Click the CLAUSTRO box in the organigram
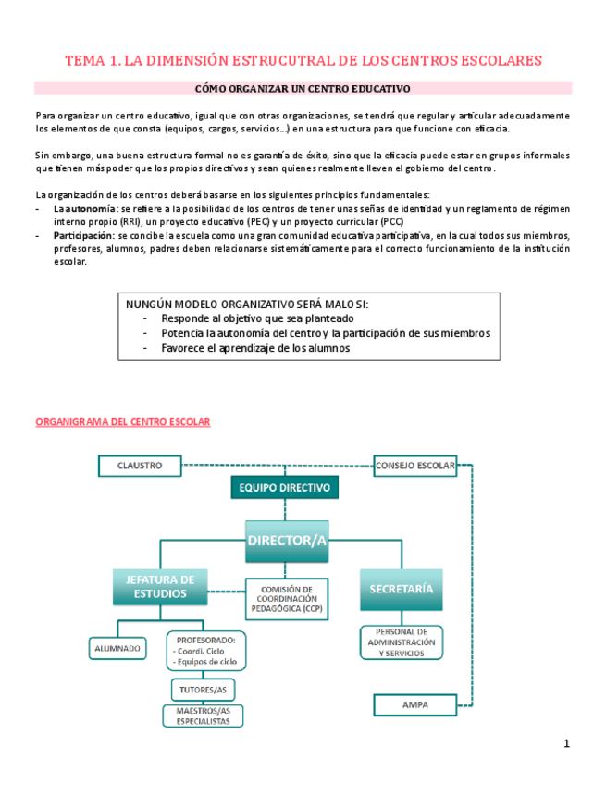click(x=140, y=465)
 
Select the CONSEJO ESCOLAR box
click(x=415, y=466)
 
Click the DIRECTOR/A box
click(x=288, y=541)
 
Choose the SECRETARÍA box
click(x=401, y=589)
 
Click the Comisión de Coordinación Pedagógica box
click(x=290, y=600)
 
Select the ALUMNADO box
click(x=117, y=649)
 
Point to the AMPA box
click(x=414, y=704)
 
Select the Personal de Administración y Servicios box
click(x=401, y=642)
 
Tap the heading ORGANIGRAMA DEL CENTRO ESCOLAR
click(x=122, y=422)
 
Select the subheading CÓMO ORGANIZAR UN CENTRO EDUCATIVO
click(x=303, y=89)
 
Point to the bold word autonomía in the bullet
click(x=84, y=209)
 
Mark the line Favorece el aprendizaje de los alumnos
click(x=255, y=348)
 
